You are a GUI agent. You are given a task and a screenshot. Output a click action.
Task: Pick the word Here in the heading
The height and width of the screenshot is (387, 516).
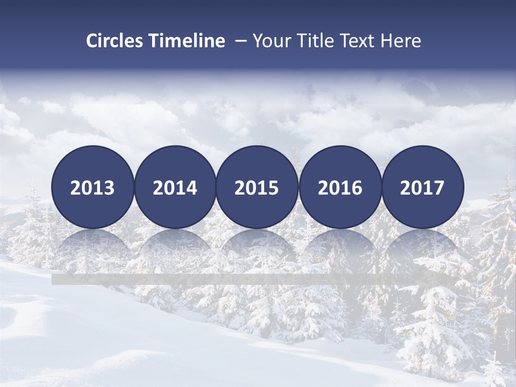(x=401, y=41)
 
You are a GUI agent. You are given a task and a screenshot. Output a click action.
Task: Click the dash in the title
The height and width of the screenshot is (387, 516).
(x=241, y=41)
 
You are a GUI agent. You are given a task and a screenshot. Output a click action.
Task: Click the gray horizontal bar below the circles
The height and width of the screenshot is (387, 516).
(x=253, y=279)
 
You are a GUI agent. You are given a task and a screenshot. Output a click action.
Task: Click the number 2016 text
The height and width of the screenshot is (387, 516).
(x=340, y=188)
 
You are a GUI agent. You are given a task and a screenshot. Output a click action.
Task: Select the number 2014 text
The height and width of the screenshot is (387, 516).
(x=175, y=188)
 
